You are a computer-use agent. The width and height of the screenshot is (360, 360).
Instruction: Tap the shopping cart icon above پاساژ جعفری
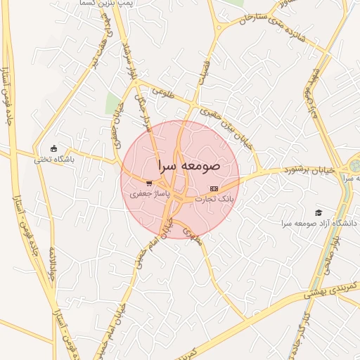[149, 183]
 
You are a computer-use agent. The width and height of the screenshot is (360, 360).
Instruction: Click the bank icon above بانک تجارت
[214, 189]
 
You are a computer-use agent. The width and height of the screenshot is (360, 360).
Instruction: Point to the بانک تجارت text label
[218, 200]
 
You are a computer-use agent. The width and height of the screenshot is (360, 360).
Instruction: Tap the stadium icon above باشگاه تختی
[54, 148]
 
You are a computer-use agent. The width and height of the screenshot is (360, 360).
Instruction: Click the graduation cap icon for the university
[319, 212]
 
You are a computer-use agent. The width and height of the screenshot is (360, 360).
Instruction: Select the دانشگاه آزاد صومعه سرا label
[320, 223]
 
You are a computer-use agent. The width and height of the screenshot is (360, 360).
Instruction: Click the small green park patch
[113, 104]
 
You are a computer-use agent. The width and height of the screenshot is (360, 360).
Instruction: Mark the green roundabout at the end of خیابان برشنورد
[354, 167]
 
